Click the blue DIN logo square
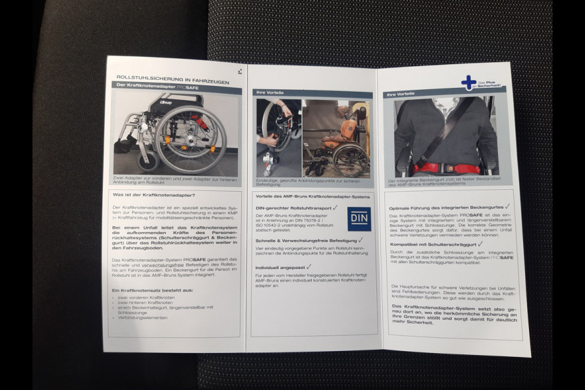[359, 219]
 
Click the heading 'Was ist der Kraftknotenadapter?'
[153, 194]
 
